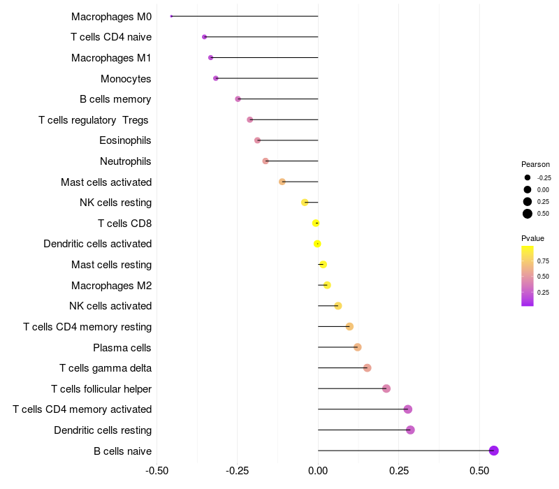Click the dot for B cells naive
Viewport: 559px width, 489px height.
point(494,451)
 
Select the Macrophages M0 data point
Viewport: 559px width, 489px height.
point(171,16)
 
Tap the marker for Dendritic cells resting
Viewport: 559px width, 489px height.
point(410,430)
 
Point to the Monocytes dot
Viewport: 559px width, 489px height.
point(216,78)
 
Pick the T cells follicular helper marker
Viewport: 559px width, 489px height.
point(386,388)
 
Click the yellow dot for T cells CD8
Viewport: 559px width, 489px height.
point(316,223)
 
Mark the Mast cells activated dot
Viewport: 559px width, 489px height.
point(282,182)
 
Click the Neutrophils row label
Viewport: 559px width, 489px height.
point(126,161)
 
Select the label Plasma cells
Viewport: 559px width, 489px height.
point(122,347)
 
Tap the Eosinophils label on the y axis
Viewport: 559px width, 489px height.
point(125,140)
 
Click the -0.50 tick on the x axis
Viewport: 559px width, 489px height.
point(157,472)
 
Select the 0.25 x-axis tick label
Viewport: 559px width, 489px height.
point(399,472)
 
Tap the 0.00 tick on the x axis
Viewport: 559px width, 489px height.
point(318,472)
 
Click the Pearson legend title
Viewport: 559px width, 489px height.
point(535,164)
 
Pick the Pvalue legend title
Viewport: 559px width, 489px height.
point(533,238)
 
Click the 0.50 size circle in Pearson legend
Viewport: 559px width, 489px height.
point(528,214)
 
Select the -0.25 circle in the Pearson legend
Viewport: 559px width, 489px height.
point(528,177)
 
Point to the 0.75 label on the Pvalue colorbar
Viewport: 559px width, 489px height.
point(543,261)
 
